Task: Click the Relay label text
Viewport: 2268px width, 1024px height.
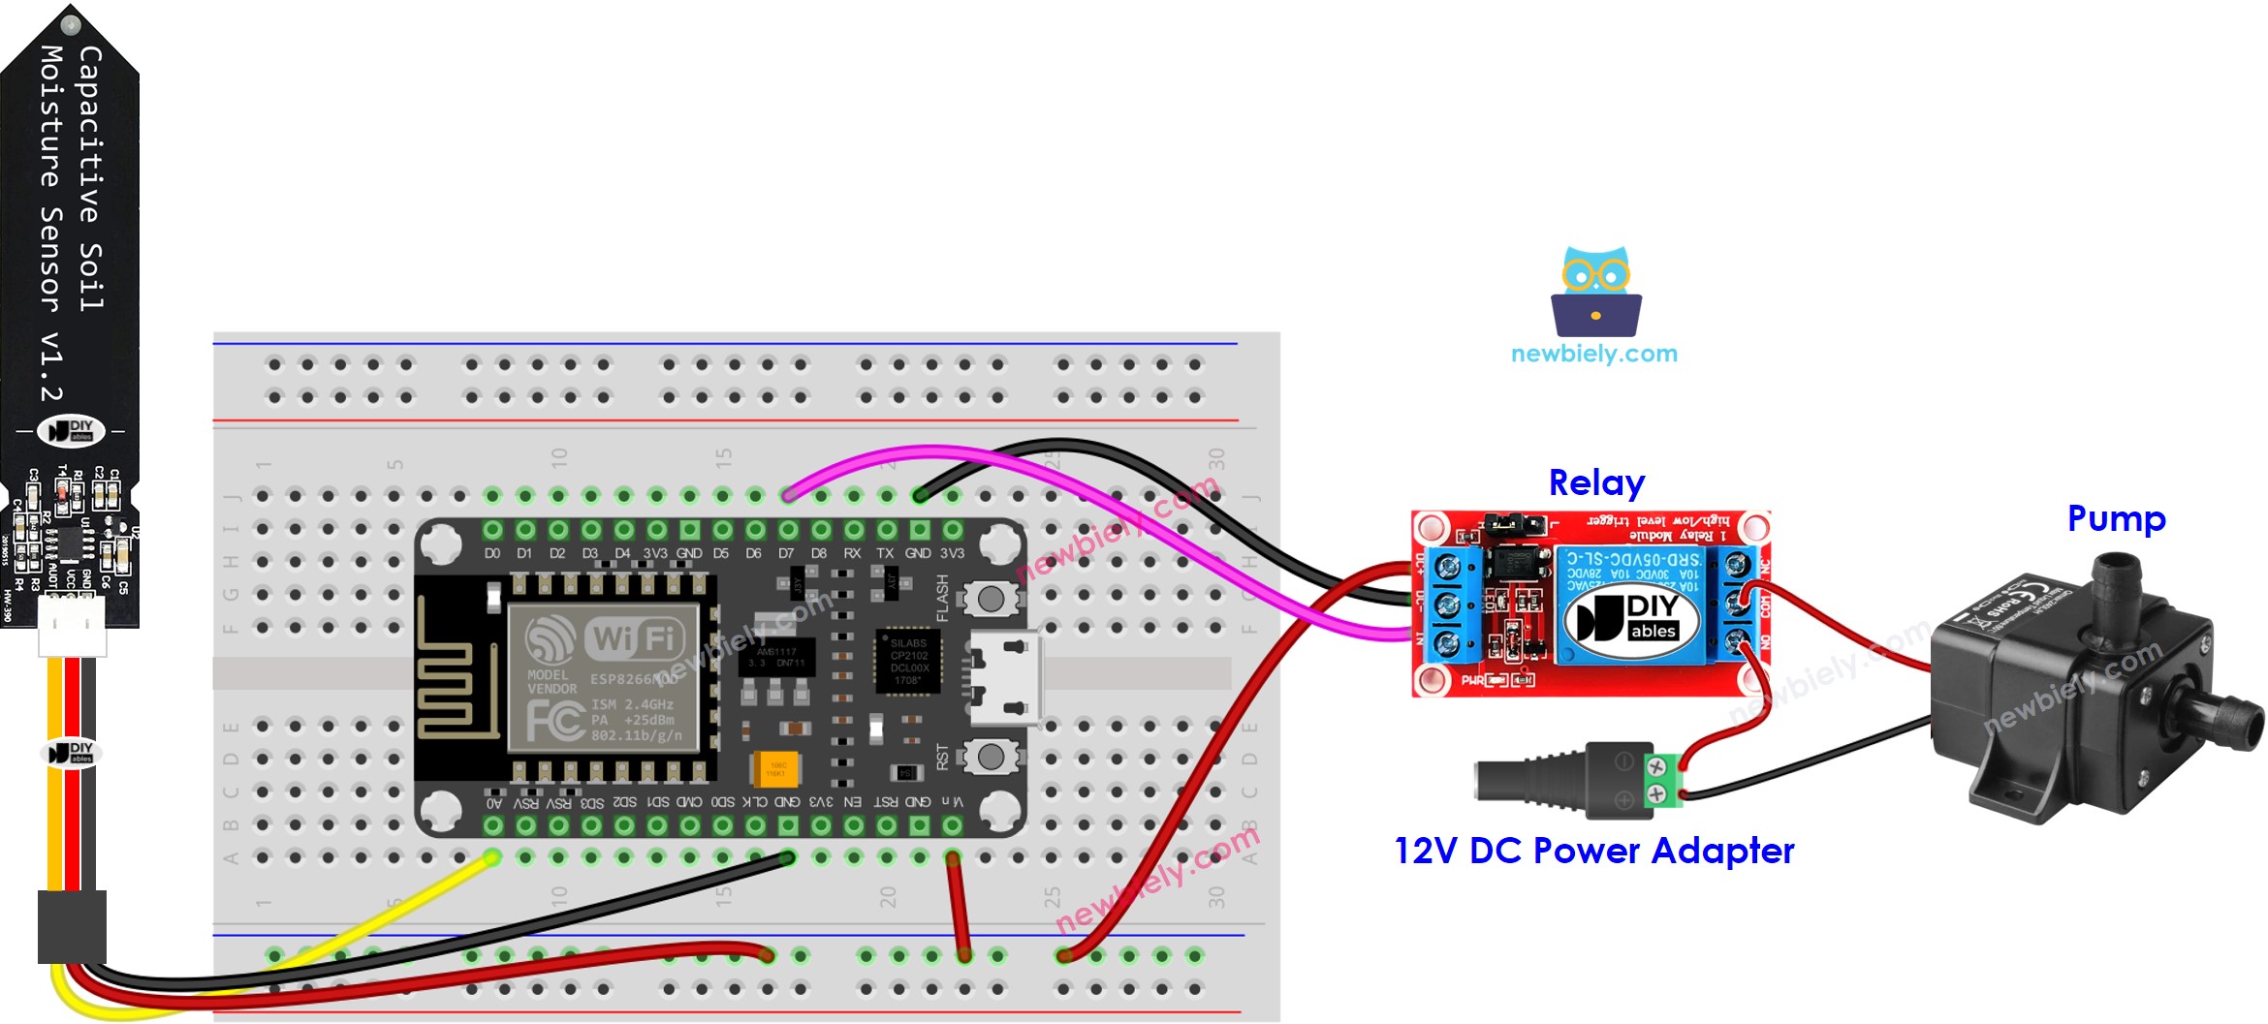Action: pyautogui.click(x=1596, y=482)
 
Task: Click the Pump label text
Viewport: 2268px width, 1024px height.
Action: pyautogui.click(x=2116, y=519)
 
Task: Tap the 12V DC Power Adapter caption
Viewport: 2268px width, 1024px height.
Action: pyautogui.click(x=1593, y=851)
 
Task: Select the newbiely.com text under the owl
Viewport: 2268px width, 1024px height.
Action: pyautogui.click(x=1594, y=354)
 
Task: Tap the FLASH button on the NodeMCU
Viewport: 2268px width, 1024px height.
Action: pyautogui.click(x=991, y=599)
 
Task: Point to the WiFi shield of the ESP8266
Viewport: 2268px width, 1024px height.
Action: pyautogui.click(x=603, y=677)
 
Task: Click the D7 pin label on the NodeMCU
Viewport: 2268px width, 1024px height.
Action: pyautogui.click(x=786, y=553)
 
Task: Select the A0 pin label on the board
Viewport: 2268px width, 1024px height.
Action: pyautogui.click(x=494, y=803)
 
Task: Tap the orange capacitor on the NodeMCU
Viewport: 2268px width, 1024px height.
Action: pyautogui.click(x=776, y=768)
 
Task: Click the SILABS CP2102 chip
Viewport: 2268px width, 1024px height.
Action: pyautogui.click(x=908, y=661)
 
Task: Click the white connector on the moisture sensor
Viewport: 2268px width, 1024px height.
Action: pyautogui.click(x=72, y=625)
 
